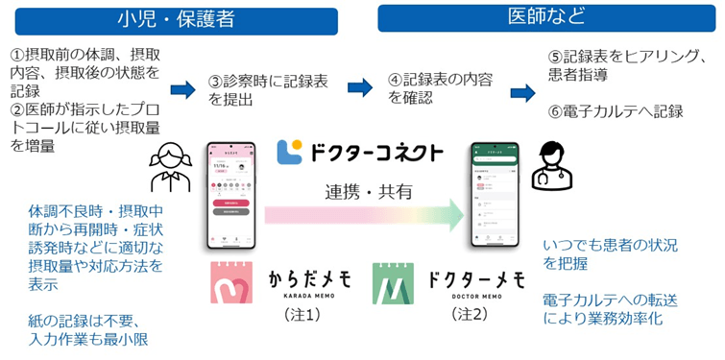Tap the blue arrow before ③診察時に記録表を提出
182,90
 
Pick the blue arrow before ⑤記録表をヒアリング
522,92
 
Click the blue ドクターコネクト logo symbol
289,153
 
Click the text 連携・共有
368,191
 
